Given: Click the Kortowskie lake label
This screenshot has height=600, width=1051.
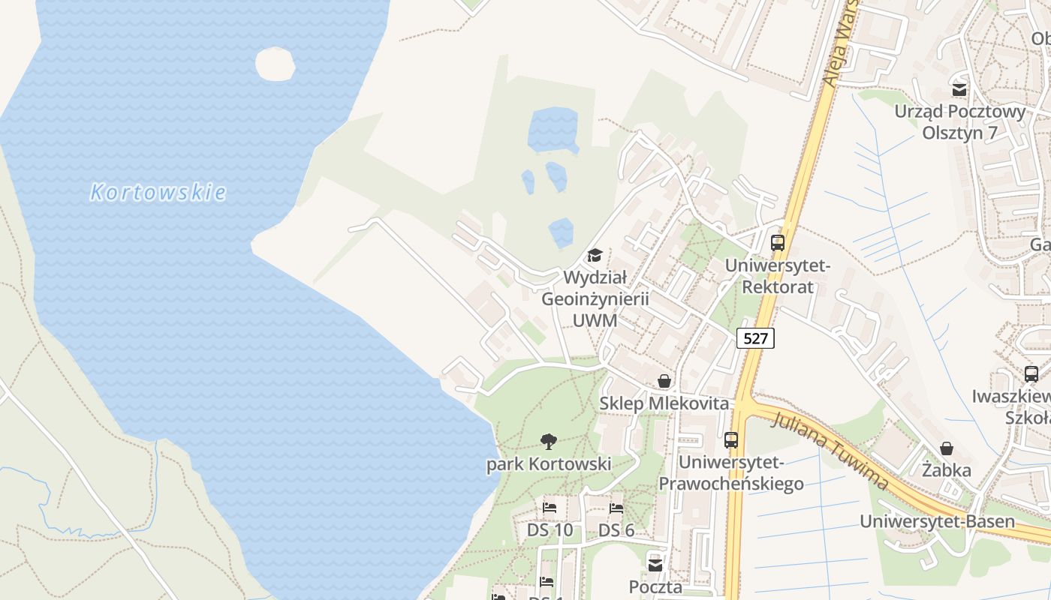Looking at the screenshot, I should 158,193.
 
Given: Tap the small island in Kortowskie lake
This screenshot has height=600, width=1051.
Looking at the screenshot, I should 275,64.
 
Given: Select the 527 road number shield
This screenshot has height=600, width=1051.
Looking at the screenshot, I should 754,338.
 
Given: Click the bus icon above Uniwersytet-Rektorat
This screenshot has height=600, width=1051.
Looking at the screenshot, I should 778,243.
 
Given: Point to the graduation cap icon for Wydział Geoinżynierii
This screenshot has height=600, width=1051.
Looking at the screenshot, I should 595,256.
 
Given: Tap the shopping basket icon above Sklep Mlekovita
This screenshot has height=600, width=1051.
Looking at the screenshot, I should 664,382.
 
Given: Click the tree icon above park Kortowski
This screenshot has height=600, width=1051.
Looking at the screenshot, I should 549,442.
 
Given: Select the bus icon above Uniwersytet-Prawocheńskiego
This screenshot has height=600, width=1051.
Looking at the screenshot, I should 731,440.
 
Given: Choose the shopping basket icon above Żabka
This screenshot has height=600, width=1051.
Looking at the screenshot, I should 947,448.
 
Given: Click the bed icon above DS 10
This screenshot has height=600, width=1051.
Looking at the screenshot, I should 550,508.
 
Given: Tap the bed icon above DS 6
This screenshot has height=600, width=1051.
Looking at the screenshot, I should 616,508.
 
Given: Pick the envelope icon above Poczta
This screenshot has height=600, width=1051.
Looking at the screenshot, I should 655,565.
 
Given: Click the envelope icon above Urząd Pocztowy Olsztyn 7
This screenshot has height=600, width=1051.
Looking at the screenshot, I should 959,90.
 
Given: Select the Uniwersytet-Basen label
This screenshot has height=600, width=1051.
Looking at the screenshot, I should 937,521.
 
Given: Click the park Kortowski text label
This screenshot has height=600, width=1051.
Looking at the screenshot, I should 549,464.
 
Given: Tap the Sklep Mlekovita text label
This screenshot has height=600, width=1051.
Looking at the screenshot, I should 664,403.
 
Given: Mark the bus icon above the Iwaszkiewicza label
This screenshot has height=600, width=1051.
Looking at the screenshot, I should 1031,373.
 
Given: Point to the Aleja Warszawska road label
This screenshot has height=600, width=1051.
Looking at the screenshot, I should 841,45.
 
